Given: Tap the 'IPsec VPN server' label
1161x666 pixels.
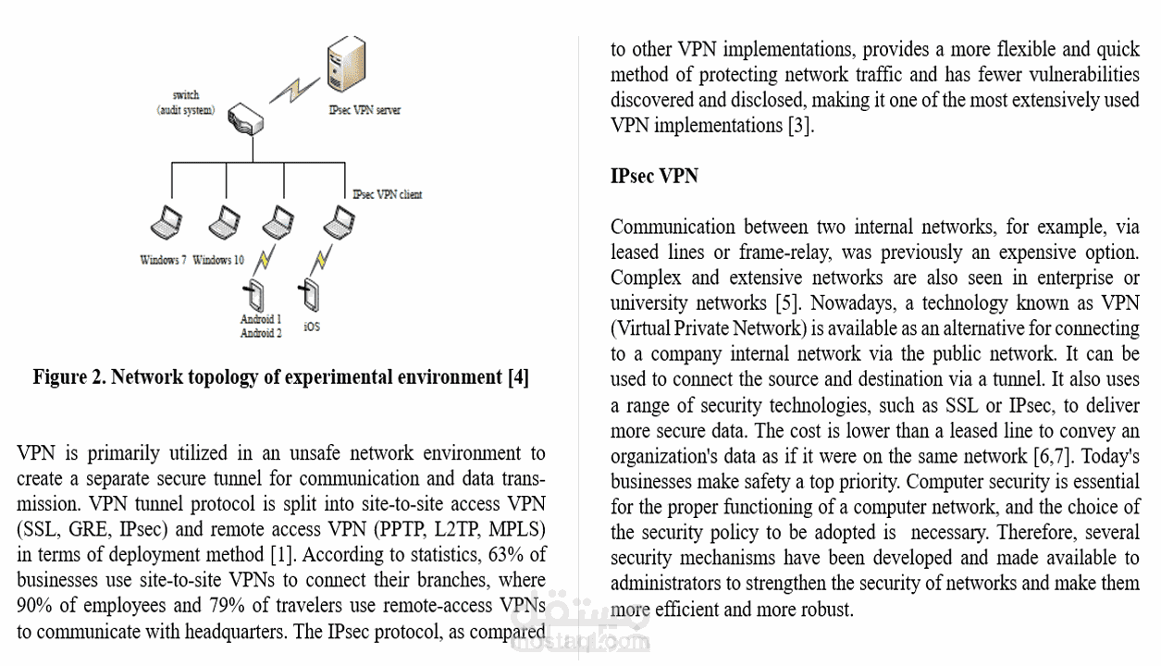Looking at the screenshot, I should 364,110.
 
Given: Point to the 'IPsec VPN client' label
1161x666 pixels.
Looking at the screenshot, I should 388,194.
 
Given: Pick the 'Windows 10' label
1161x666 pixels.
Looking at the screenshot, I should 218,260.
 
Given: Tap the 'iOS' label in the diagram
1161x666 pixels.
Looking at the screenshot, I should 312,327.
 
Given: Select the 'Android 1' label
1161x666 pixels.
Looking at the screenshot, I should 261,319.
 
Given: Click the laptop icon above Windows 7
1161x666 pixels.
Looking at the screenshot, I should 167,222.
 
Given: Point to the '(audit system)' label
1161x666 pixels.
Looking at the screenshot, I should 185,110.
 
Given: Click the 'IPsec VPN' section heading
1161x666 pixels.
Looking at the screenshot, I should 654,176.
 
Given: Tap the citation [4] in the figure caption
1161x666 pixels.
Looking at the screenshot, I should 517,377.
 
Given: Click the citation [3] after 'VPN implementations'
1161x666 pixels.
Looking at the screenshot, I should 801,125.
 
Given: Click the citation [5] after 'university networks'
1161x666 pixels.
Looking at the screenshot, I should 784,302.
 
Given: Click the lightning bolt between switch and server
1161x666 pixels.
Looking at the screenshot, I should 294,89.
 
